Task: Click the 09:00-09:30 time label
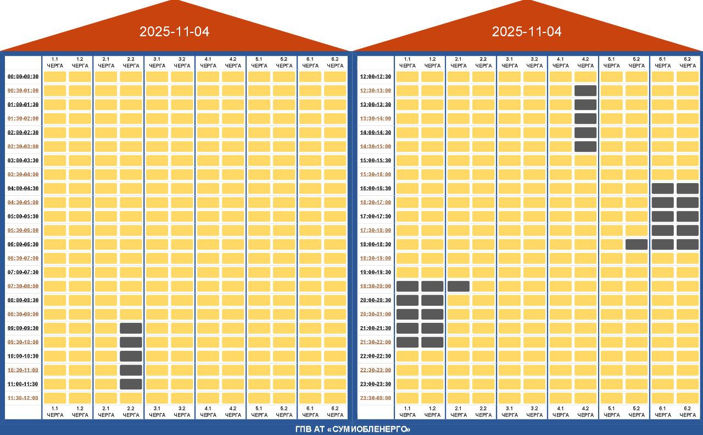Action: tap(23, 328)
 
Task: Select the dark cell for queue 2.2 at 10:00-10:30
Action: tap(131, 356)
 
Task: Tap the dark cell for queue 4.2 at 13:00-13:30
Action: tap(585, 104)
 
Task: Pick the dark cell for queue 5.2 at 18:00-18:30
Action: tap(637, 244)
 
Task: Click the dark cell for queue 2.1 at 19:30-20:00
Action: tap(459, 286)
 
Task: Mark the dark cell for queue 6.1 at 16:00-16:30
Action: tap(663, 188)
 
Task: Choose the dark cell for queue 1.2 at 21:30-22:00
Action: tap(432, 342)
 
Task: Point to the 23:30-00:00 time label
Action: tap(376, 398)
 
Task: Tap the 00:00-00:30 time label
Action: tap(23, 76)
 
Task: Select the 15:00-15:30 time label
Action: tap(376, 161)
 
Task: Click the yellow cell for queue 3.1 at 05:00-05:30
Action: tap(157, 216)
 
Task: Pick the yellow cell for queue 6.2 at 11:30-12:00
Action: tap(335, 398)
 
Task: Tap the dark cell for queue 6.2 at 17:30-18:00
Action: tap(688, 230)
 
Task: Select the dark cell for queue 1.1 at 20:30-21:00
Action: tap(408, 314)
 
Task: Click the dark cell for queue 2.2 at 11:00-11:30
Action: tap(131, 384)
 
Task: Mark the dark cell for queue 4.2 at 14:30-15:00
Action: tap(585, 146)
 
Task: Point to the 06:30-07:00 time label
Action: tap(23, 258)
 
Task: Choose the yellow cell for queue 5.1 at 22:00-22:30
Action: tap(611, 356)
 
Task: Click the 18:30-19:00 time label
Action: tap(376, 258)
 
